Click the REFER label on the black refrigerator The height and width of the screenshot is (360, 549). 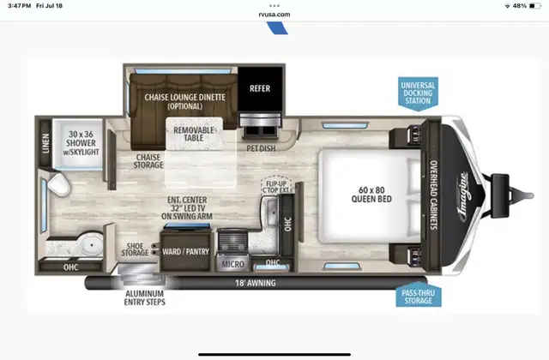click(260, 88)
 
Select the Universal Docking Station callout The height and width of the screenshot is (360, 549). click(417, 92)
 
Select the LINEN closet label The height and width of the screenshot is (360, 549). click(45, 142)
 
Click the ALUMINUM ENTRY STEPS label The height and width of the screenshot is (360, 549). click(143, 297)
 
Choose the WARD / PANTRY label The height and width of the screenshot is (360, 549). click(186, 252)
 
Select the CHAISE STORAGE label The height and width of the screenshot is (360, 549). click(148, 161)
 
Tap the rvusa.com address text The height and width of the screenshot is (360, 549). click(274, 15)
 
